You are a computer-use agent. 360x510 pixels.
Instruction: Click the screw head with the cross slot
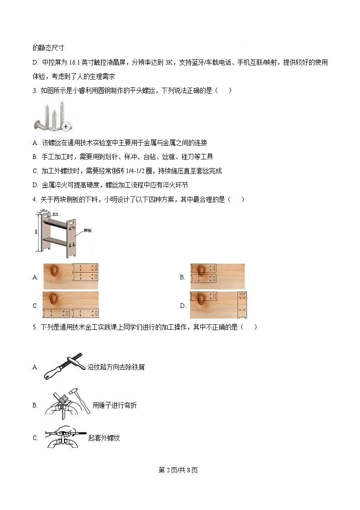pos(66,125)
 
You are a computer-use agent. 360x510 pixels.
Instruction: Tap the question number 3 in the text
pos(35,90)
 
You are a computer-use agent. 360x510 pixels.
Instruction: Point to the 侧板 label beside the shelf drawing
pos(89,231)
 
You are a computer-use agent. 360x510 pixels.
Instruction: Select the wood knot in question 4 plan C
pos(54,299)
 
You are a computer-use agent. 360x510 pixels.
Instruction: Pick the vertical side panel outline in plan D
pos(242,305)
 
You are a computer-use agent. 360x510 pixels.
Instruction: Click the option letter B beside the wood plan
pos(182,277)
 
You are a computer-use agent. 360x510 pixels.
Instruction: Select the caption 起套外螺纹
pos(104,438)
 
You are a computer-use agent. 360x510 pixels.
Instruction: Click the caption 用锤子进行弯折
pos(114,405)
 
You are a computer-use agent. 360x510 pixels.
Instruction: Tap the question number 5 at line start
pos(35,327)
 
